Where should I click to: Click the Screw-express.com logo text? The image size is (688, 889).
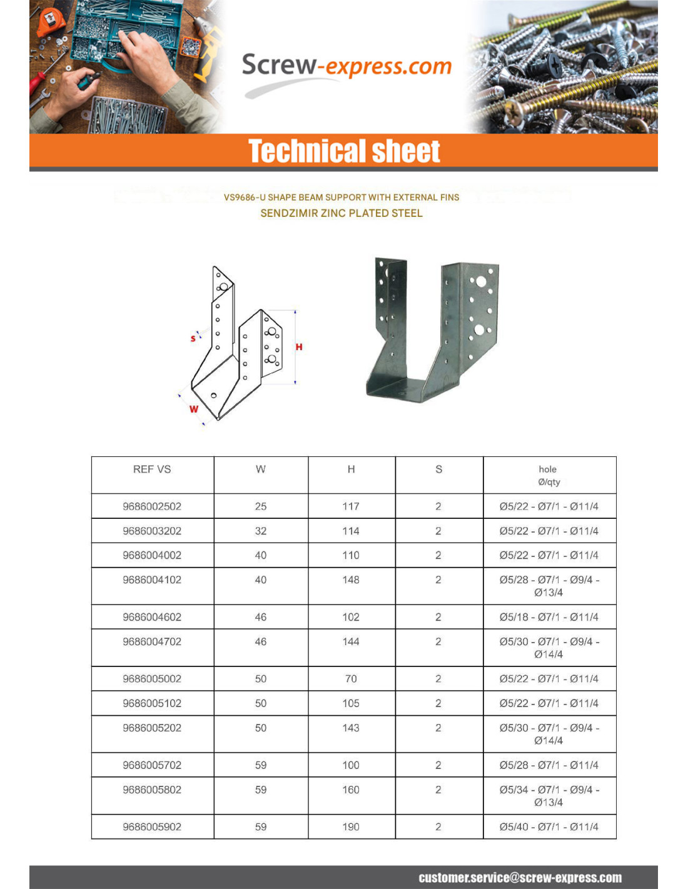click(x=346, y=66)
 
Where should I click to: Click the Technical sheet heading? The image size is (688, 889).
click(x=344, y=151)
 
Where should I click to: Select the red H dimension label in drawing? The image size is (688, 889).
click(x=299, y=347)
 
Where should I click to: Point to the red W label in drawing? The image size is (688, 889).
click(x=194, y=409)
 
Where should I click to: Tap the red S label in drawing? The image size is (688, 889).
click(x=193, y=338)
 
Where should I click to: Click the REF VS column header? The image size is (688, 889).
click(x=152, y=470)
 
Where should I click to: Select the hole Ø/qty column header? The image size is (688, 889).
click(x=549, y=475)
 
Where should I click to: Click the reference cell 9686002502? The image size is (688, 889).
click(x=152, y=506)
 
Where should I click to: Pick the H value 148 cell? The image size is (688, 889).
click(x=351, y=580)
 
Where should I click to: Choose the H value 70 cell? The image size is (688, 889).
click(x=351, y=679)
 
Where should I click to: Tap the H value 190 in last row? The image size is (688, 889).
click(x=351, y=826)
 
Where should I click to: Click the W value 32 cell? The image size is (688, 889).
click(x=261, y=531)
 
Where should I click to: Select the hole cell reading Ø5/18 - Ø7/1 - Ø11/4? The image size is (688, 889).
click(x=549, y=617)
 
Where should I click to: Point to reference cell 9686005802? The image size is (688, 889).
click(x=152, y=790)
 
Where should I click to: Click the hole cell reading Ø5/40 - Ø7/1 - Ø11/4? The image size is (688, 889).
click(x=549, y=826)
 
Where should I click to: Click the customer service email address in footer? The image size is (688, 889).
click(x=520, y=878)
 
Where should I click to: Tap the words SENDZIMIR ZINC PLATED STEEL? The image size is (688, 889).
click(x=341, y=213)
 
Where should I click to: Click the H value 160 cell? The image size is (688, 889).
click(x=351, y=790)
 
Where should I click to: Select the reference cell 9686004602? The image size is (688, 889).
click(x=152, y=617)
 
